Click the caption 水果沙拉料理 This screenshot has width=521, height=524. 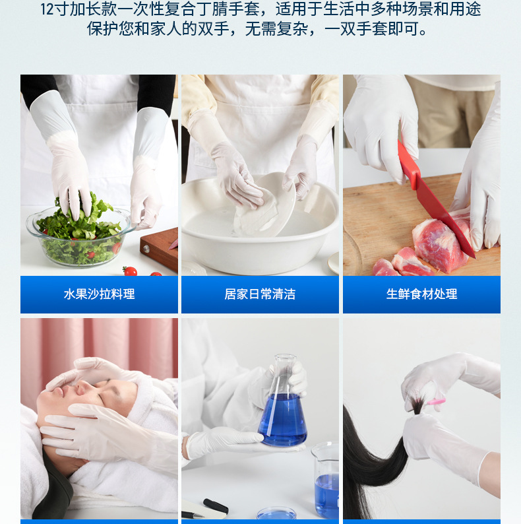click(x=99, y=294)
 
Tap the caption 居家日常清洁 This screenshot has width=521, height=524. click(x=260, y=294)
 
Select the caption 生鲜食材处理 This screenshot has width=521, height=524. click(x=421, y=294)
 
